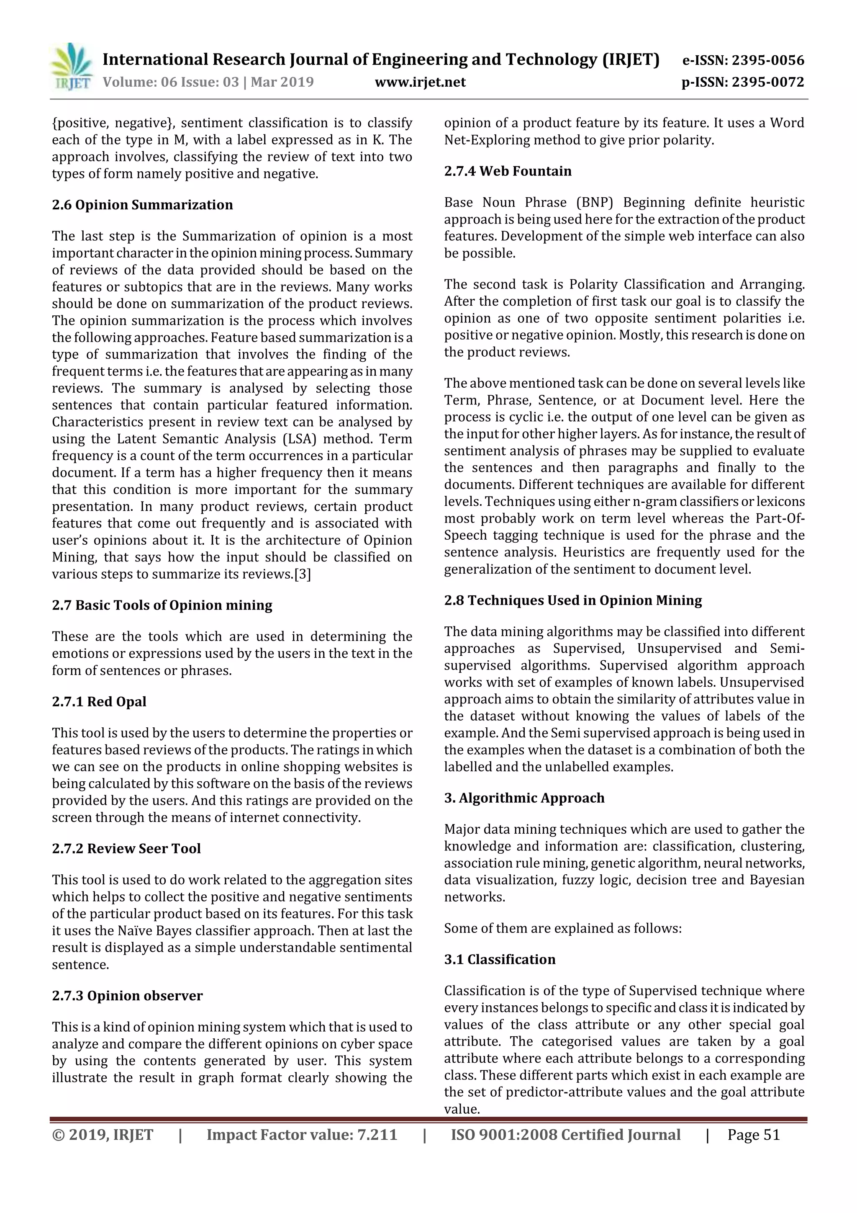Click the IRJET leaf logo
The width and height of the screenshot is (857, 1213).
(x=71, y=67)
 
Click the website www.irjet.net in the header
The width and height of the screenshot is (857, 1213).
(x=420, y=82)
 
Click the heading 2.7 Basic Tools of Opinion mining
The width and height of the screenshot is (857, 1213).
(x=162, y=605)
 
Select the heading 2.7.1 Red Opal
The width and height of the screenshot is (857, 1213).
(x=99, y=702)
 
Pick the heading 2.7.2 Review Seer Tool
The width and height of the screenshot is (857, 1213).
(x=126, y=848)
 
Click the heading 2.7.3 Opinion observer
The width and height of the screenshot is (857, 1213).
(x=127, y=995)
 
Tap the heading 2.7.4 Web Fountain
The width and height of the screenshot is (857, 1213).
(x=508, y=171)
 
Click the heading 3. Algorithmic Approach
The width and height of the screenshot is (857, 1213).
(x=524, y=798)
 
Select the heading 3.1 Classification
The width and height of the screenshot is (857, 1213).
(x=500, y=959)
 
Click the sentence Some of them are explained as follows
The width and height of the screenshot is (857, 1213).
(x=562, y=928)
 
